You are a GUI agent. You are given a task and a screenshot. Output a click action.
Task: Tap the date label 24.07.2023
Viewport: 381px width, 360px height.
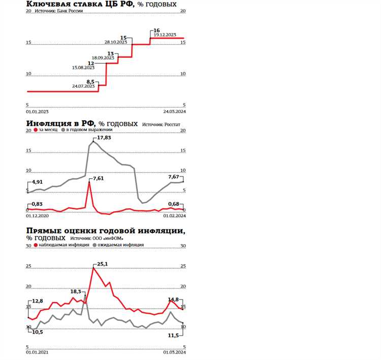click(x=83, y=86)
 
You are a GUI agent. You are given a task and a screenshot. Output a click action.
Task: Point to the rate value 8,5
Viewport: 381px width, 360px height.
click(x=90, y=81)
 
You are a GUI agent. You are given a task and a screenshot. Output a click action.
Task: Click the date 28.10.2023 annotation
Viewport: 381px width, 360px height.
click(x=115, y=42)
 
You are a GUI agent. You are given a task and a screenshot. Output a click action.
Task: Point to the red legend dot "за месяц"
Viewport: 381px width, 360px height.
click(x=35, y=130)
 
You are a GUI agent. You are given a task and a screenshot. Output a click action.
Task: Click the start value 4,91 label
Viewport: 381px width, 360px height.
click(x=39, y=182)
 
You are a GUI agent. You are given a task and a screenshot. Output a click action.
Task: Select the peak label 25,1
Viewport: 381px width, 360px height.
click(x=103, y=264)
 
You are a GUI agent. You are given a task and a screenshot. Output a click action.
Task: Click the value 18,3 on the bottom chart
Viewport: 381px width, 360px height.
click(x=76, y=291)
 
